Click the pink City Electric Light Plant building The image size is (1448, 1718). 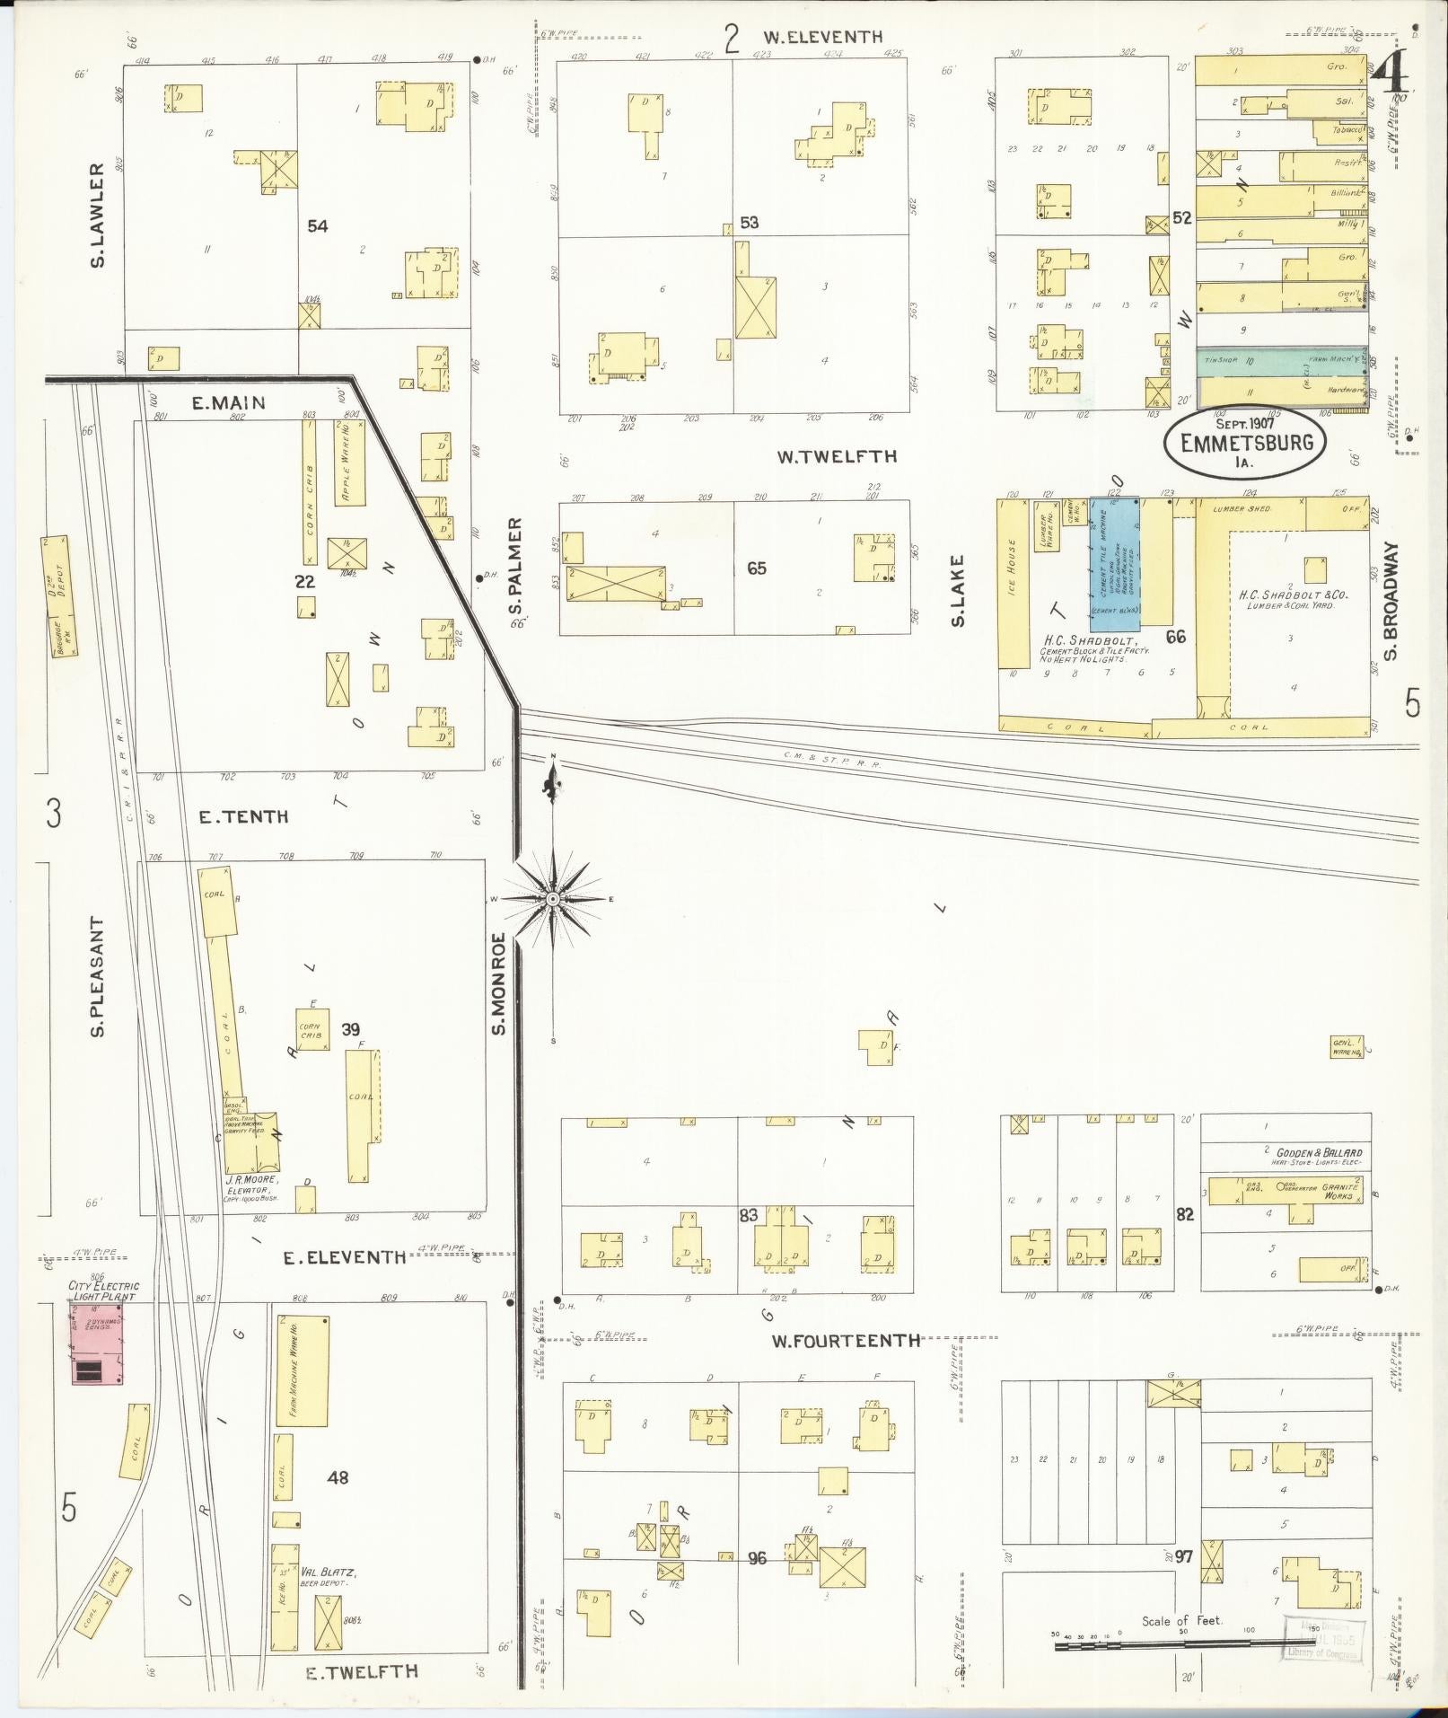pos(97,1344)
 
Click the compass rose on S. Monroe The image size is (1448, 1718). pos(554,898)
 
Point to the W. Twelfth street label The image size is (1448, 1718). pos(837,456)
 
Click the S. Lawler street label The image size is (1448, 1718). pos(98,215)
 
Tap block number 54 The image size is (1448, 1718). pos(317,225)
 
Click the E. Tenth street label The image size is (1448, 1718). pos(244,816)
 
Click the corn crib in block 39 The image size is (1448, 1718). pos(313,1029)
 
